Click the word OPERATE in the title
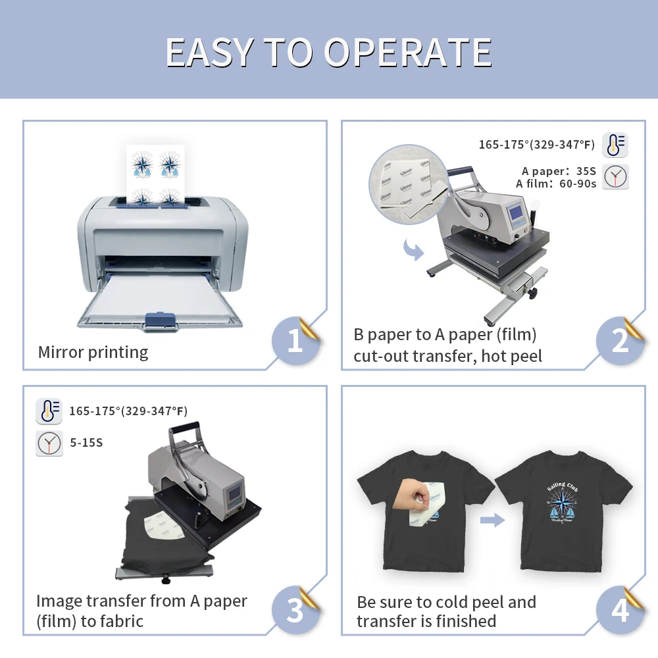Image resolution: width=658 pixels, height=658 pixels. pos(408,52)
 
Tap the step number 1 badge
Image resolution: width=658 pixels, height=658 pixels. pos(295,340)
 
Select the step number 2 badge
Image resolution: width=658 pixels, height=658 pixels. pos(619,340)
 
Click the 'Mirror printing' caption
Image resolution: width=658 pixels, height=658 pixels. pos(93,352)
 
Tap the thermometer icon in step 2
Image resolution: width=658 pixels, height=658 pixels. pos(616,145)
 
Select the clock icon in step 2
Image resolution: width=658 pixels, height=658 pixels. pos(616,176)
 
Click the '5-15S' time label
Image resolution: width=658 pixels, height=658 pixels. pos(86,443)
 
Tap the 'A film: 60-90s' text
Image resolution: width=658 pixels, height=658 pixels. pos(555,184)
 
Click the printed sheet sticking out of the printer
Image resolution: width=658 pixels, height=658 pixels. pos(155,174)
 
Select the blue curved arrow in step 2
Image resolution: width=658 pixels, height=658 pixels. pos(413,249)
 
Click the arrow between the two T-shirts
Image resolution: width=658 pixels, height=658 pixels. pos(492,520)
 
